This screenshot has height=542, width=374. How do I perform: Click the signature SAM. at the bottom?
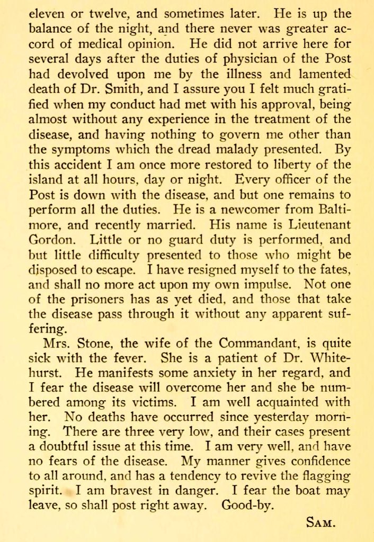(x=321, y=524)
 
